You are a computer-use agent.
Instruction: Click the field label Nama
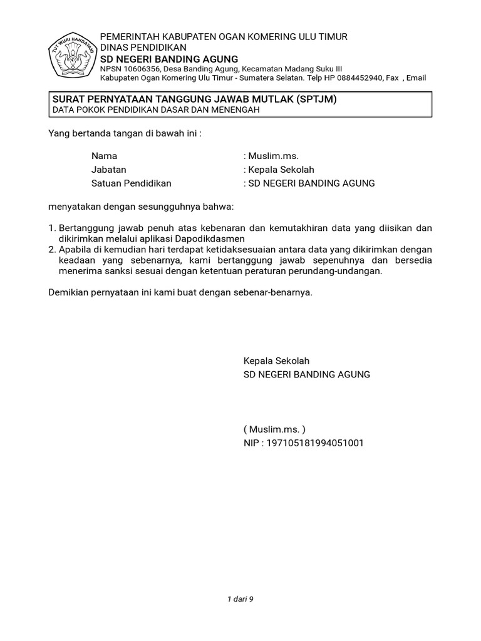(x=104, y=156)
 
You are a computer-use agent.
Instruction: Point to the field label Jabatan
(x=108, y=170)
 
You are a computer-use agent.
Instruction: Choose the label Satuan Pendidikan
(x=131, y=183)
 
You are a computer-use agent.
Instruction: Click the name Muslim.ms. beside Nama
(x=274, y=156)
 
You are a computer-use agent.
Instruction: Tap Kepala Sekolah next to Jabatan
(x=282, y=170)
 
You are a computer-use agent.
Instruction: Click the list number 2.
(x=52, y=249)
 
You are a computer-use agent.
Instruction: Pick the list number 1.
(x=52, y=228)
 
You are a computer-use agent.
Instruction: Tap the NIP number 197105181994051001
(x=315, y=443)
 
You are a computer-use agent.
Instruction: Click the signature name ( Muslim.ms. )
(x=274, y=429)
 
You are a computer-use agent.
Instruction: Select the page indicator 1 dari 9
(x=240, y=599)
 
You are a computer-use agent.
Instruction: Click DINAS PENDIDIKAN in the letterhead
(x=143, y=48)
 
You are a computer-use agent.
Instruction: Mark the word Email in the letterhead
(x=416, y=78)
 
